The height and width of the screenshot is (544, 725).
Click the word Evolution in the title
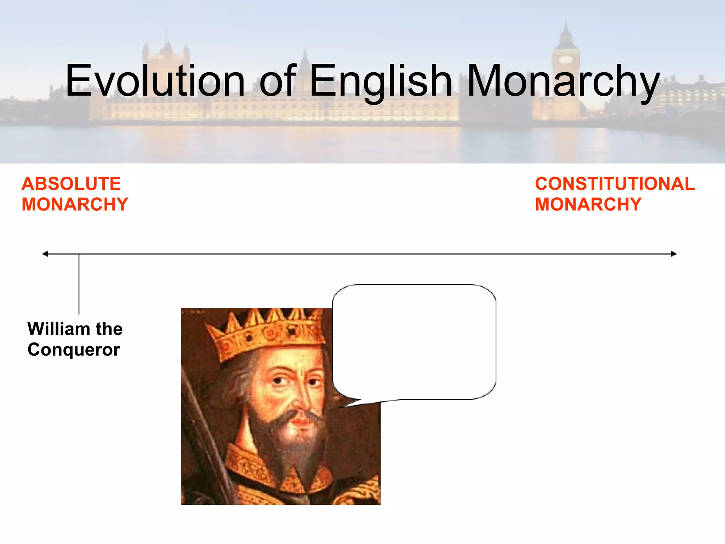pyautogui.click(x=155, y=80)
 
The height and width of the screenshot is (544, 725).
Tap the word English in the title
pyautogui.click(x=381, y=80)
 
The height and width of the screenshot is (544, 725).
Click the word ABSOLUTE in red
pyautogui.click(x=71, y=184)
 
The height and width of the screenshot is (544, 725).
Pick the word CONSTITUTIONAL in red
pyautogui.click(x=615, y=184)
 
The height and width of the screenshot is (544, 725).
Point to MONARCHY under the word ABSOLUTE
pyautogui.click(x=75, y=204)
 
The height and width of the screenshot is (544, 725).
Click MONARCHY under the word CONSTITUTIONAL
pyautogui.click(x=588, y=204)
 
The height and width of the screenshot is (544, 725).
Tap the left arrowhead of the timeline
pyautogui.click(x=45, y=254)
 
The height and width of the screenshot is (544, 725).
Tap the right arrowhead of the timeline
pyautogui.click(x=673, y=254)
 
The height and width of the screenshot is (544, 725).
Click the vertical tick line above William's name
pyautogui.click(x=79, y=283)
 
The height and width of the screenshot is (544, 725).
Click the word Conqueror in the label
pyautogui.click(x=74, y=350)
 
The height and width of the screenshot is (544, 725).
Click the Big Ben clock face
pyautogui.click(x=565, y=59)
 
